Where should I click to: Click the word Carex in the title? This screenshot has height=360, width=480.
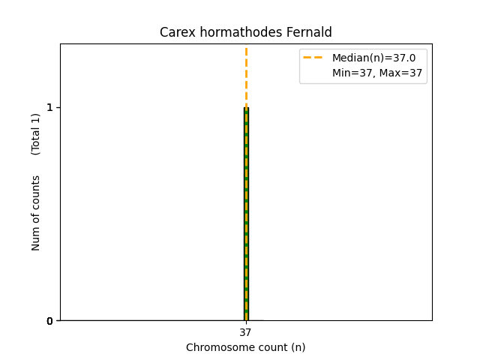point(174,32)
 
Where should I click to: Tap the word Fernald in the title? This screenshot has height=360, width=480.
point(310,32)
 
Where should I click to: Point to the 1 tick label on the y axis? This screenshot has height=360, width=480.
point(49,107)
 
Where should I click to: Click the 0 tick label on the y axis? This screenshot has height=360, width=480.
point(49,321)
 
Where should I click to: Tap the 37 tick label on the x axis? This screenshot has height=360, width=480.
point(246,332)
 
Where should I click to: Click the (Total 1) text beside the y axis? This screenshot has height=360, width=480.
point(36,134)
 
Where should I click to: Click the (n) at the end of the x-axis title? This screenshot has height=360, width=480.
point(297,347)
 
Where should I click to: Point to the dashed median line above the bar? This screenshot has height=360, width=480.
point(246,75)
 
